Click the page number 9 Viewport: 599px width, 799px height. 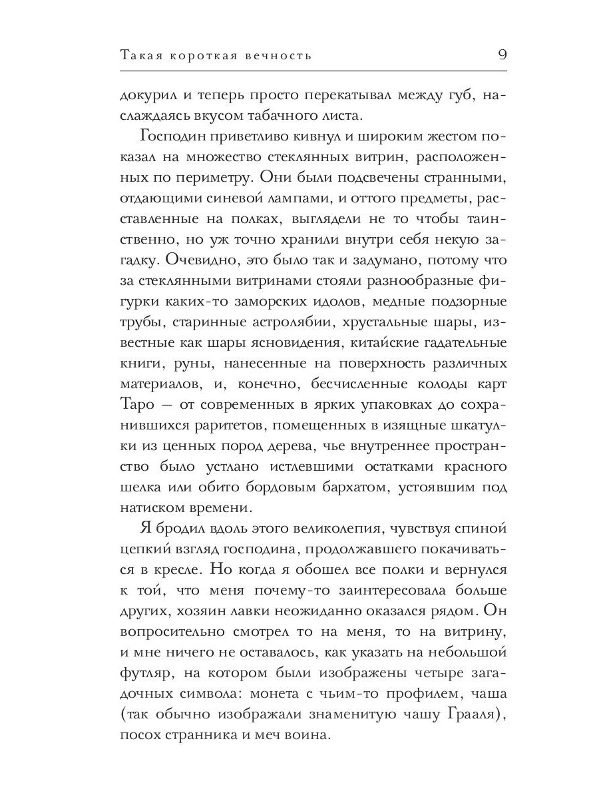(x=502, y=55)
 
